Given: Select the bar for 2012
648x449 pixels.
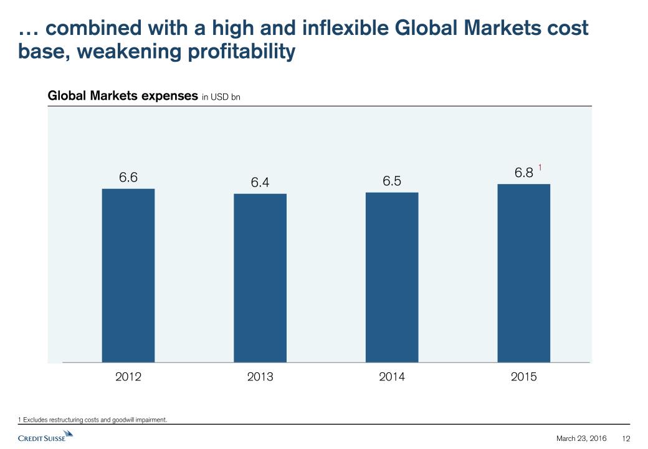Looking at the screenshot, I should (x=128, y=275).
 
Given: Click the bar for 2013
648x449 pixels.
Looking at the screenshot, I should (x=260, y=278).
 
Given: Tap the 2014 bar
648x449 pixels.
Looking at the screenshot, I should (x=392, y=277).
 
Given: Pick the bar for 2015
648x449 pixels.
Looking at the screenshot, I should (x=524, y=273).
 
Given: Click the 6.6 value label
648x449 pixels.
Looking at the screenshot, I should (x=128, y=177).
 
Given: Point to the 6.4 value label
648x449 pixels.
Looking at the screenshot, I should (x=260, y=182).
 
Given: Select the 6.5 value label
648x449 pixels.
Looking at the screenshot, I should (x=392, y=181).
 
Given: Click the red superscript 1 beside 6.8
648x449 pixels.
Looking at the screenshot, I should (x=541, y=167).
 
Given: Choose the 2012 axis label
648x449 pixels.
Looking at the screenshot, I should (x=128, y=377).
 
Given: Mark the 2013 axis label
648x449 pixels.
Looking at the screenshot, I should (x=260, y=377).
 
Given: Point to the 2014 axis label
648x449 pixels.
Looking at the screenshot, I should (x=392, y=377).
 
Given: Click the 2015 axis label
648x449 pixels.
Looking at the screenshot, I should (x=524, y=377).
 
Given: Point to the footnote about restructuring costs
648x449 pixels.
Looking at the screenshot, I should (x=93, y=420).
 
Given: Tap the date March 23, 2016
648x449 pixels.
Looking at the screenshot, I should (x=581, y=438).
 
